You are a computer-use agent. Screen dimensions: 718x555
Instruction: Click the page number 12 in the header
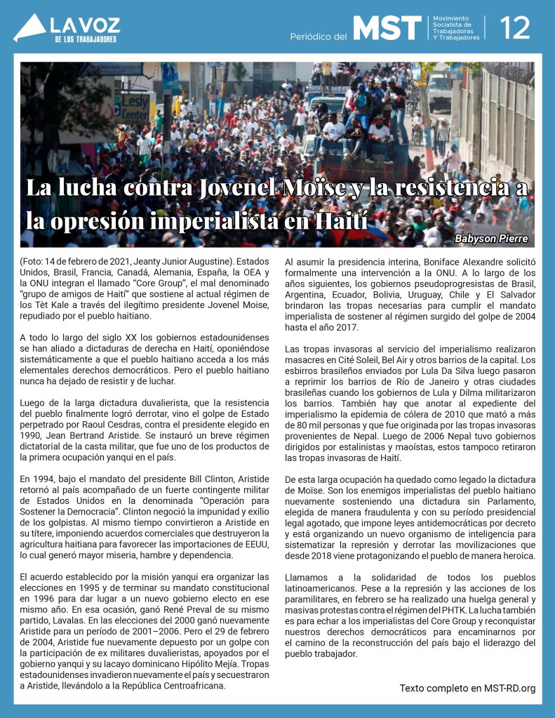click(x=514, y=29)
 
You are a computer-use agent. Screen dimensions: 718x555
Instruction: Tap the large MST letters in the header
click(x=387, y=29)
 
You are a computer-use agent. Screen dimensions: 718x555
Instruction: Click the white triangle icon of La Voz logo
click(x=29, y=29)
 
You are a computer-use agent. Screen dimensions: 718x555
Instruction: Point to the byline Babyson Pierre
click(x=490, y=239)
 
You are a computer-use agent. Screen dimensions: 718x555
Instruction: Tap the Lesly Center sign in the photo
click(x=135, y=107)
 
